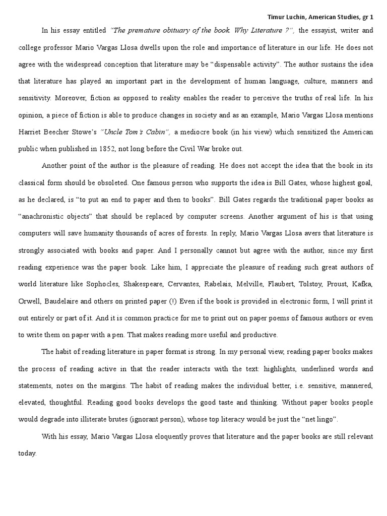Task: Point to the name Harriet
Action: [31, 132]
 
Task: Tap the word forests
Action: [191, 233]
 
